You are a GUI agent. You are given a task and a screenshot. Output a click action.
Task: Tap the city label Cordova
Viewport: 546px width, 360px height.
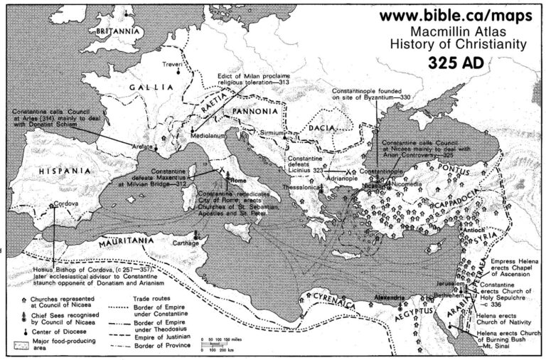pos(65,203)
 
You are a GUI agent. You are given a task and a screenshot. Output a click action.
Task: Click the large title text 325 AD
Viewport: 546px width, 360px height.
pos(457,63)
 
